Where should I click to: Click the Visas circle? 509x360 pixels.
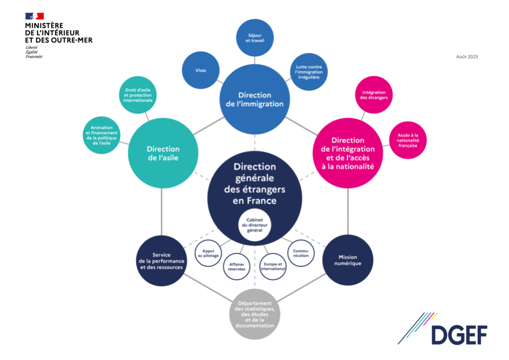pyautogui.click(x=201, y=71)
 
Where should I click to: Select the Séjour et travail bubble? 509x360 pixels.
pyautogui.click(x=254, y=38)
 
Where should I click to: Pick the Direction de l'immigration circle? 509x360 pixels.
pyautogui.click(x=254, y=99)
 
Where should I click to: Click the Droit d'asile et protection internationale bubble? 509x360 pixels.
pyautogui.click(x=138, y=94)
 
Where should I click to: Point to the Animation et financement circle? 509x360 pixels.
pyautogui.click(x=101, y=135)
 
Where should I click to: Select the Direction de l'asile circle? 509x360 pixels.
pyautogui.click(x=163, y=153)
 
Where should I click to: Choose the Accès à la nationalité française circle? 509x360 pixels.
pyautogui.click(x=408, y=141)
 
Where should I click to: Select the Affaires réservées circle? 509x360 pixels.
pyautogui.click(x=236, y=266)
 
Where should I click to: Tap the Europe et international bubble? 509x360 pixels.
pyautogui.click(x=273, y=266)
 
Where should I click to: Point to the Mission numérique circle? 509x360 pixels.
pyautogui.click(x=347, y=260)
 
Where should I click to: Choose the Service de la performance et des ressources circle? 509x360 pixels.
pyautogui.click(x=161, y=261)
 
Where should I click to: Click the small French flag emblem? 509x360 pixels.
pyautogui.click(x=34, y=16)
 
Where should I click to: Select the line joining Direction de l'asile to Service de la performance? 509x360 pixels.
pyautogui.click(x=161, y=212)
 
